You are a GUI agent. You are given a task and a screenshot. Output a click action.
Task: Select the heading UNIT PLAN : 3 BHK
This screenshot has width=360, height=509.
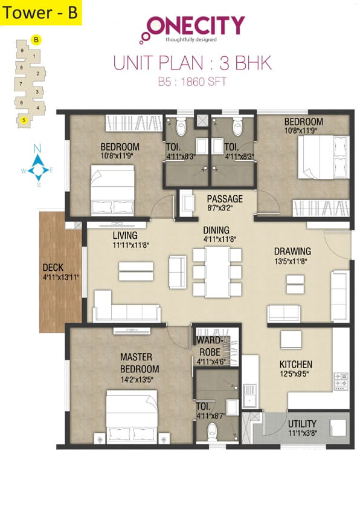pyautogui.click(x=193, y=62)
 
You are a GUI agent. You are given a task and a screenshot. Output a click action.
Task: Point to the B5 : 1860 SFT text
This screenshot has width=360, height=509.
pyautogui.click(x=193, y=80)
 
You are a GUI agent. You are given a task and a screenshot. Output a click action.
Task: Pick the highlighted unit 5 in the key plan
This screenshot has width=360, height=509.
pyautogui.click(x=24, y=120)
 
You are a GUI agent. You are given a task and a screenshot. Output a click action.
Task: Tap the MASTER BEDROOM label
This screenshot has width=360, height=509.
pyautogui.click(x=139, y=363)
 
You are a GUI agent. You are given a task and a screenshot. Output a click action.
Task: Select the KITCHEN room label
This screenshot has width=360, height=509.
pyautogui.click(x=295, y=365)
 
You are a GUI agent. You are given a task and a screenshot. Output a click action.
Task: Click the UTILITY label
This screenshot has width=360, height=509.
pyautogui.click(x=302, y=424)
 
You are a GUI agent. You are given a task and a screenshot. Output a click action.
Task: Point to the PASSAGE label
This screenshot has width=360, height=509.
pyautogui.click(x=224, y=199)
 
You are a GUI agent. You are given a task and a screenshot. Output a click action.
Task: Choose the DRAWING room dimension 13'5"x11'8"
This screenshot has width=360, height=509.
pyautogui.click(x=292, y=262)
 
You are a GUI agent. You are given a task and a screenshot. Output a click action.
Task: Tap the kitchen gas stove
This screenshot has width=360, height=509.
pyautogui.click(x=341, y=380)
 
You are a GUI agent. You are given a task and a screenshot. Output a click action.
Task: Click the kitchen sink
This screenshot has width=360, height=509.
pyautogui.click(x=249, y=395)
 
